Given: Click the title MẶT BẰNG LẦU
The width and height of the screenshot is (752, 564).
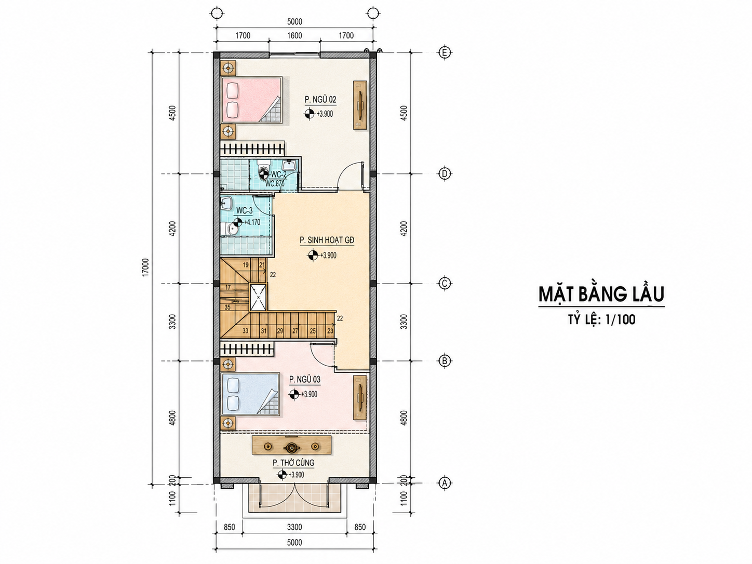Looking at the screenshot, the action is tap(601, 294).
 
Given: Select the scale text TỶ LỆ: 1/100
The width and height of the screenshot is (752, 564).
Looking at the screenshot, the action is tap(601, 319).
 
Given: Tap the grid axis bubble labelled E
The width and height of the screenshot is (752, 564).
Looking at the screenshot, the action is tap(445, 52).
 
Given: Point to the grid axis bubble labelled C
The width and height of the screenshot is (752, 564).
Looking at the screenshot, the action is tap(445, 283).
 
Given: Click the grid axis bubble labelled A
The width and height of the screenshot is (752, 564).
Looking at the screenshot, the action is tap(445, 483).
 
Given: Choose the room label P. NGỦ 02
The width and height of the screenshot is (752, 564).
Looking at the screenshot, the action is tap(320, 100).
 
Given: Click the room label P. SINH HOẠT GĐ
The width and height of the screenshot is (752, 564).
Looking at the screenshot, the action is tap(327, 240).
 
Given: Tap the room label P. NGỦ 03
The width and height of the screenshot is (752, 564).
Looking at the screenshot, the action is tap(304, 380).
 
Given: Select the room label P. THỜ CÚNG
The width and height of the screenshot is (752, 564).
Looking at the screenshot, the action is tap(293, 463).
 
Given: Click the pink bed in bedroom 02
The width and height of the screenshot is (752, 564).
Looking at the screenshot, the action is tap(252, 99).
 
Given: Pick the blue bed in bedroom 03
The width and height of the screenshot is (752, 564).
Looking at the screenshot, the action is tap(251, 394).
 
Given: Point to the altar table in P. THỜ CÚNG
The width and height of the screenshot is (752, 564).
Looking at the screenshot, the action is tap(291, 445).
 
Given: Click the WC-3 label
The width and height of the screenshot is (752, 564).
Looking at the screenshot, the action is tap(244, 211).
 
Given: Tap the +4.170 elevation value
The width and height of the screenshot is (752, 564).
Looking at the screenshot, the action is tap(252, 222).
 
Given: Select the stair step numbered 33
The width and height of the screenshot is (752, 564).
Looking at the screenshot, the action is tap(245, 331).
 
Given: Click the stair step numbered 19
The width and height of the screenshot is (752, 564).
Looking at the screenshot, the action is tap(246, 265).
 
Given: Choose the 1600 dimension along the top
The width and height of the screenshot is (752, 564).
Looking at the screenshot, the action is tap(294, 36).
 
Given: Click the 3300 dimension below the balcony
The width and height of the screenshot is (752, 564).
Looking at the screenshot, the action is tap(294, 527).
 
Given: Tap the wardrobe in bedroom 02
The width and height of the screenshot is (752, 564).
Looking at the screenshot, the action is tap(360, 105).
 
